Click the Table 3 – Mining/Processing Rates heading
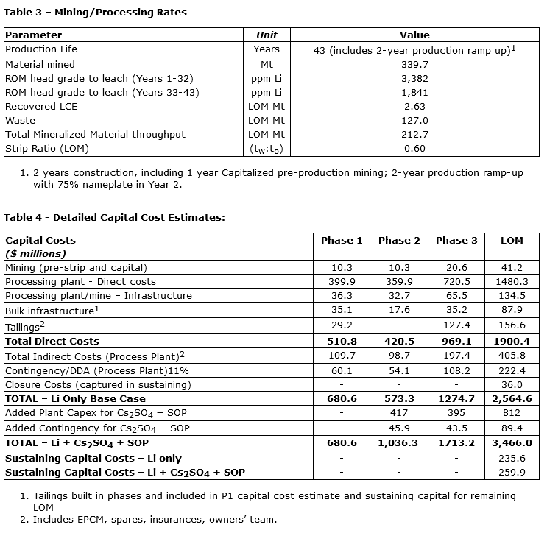click(x=96, y=12)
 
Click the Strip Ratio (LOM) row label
click(x=48, y=149)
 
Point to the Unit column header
click(x=267, y=35)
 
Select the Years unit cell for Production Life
click(x=267, y=49)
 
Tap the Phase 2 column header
click(x=399, y=240)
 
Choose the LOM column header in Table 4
click(x=512, y=240)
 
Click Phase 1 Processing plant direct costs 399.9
click(x=342, y=282)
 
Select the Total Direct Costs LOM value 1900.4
click(x=512, y=342)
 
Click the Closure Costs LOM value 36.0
click(x=512, y=384)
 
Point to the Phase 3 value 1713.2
click(x=456, y=442)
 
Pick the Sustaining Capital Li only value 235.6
click(x=512, y=457)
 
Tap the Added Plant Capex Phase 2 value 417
click(x=399, y=413)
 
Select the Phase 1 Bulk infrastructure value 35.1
click(x=342, y=310)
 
